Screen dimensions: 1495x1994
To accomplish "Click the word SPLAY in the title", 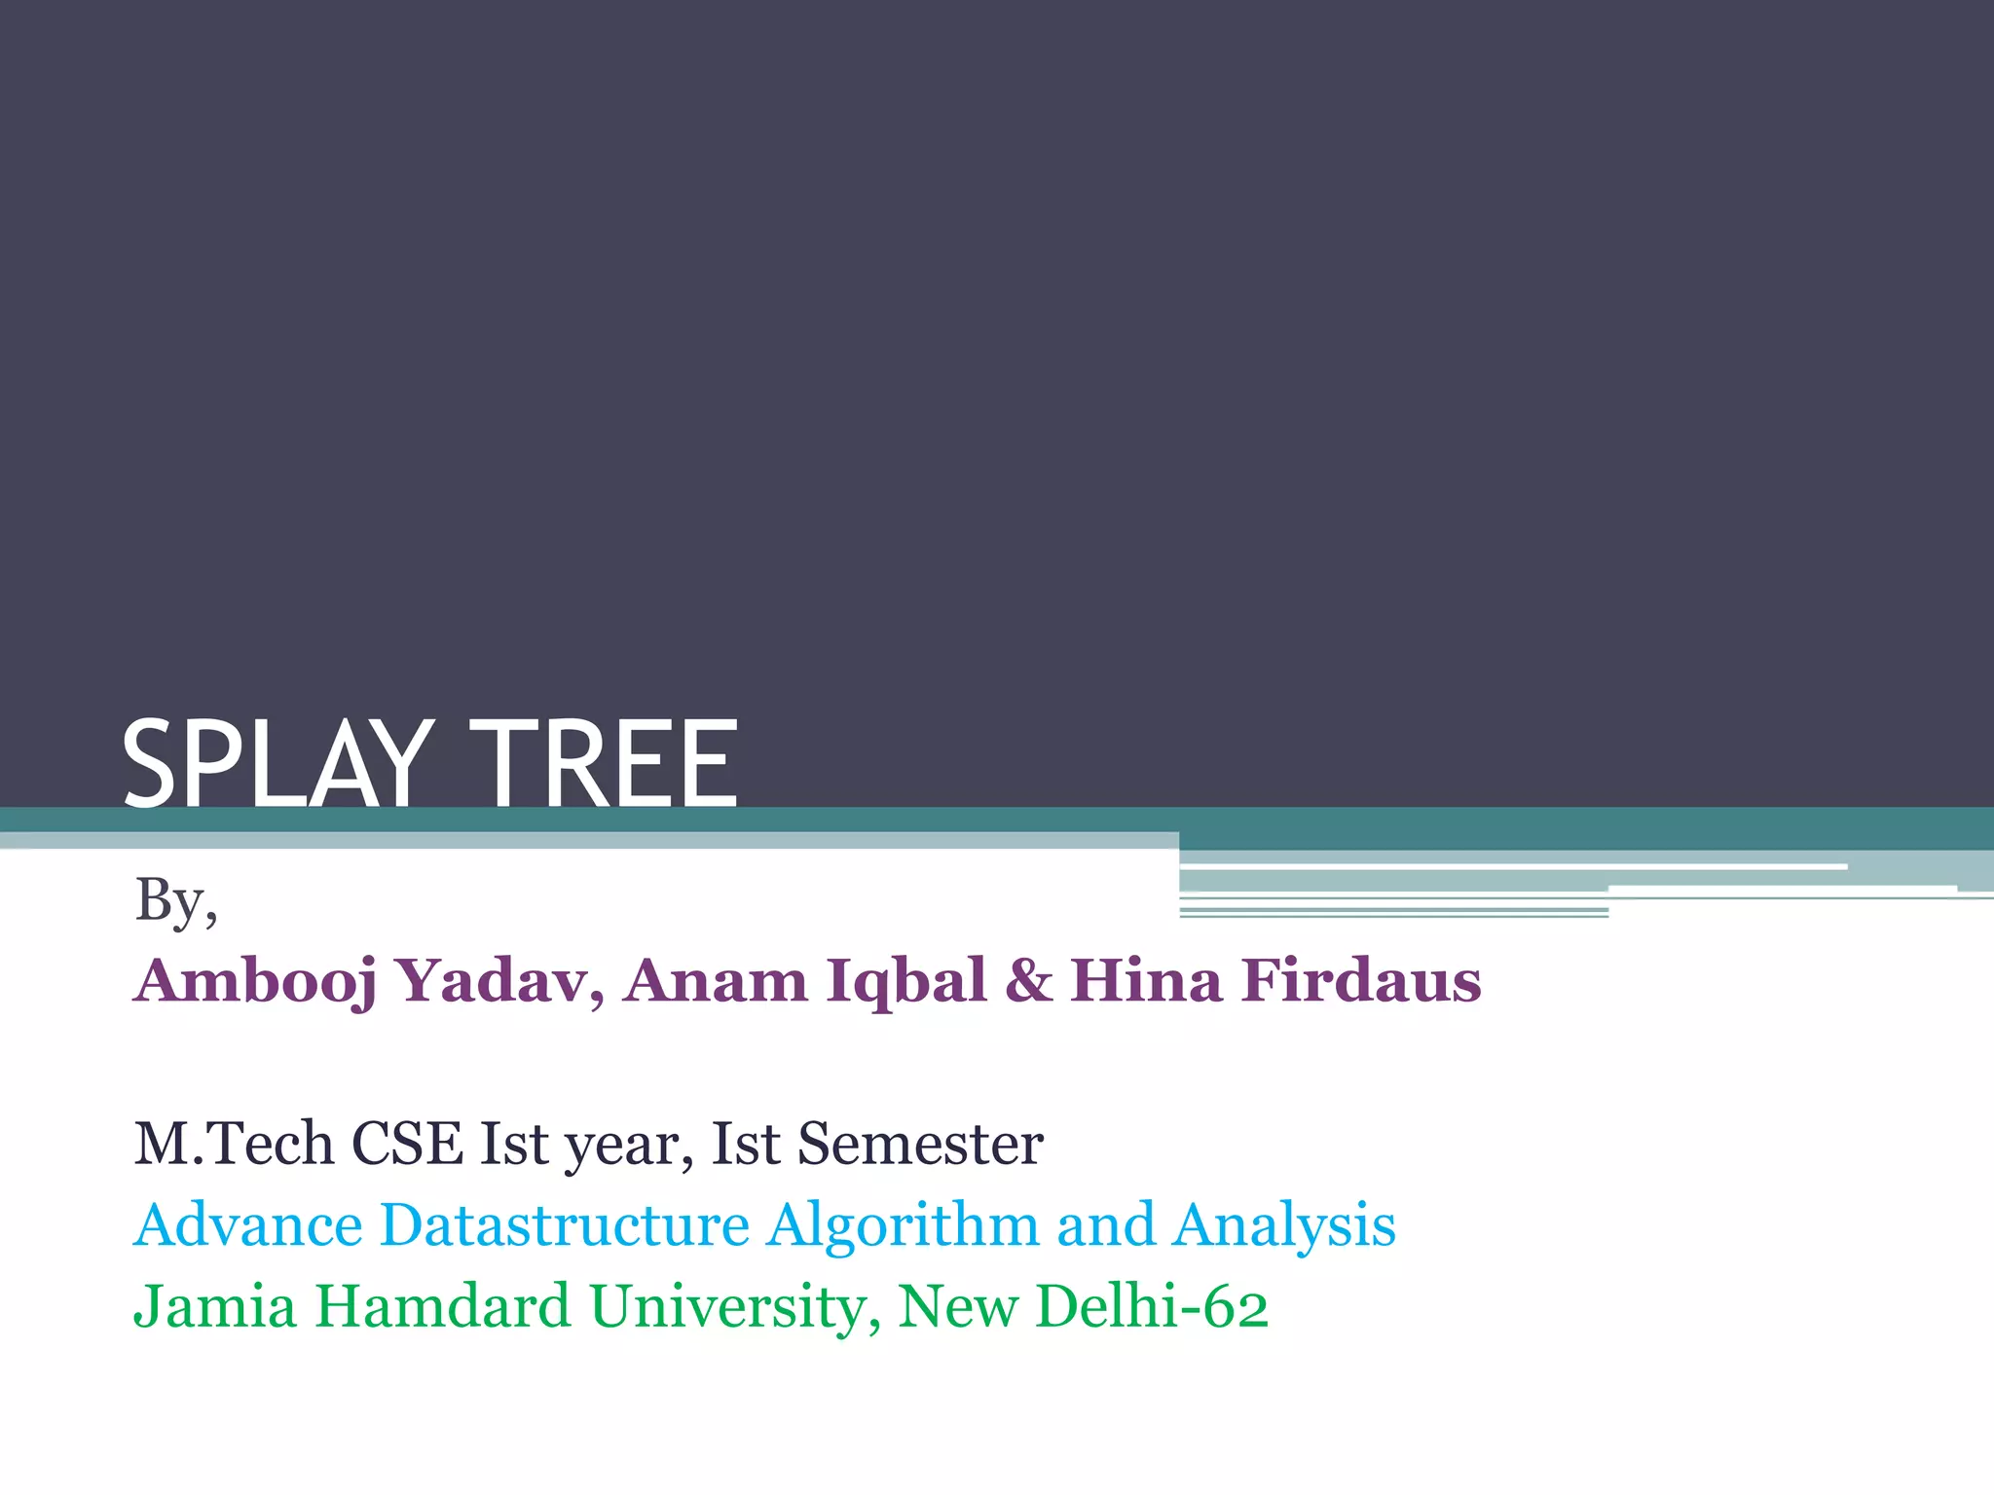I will click(277, 764).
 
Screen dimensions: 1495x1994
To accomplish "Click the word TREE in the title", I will click(610, 764).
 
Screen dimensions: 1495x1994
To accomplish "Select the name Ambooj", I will click(255, 981).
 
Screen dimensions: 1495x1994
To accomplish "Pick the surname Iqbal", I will click(906, 981).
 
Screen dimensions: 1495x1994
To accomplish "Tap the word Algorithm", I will click(903, 1226).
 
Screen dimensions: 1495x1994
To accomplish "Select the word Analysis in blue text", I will click(1284, 1226).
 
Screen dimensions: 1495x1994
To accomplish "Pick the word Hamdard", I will click(443, 1306).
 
